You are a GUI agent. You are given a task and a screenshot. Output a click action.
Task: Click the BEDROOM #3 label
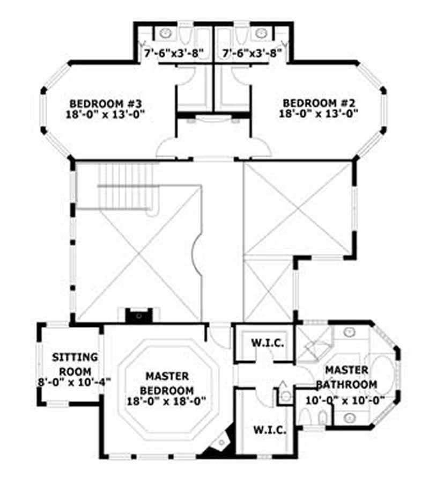pyautogui.click(x=106, y=103)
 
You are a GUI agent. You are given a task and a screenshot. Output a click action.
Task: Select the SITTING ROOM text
pyautogui.click(x=75, y=364)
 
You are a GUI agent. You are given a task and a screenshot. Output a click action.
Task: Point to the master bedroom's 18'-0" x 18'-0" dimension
pyautogui.click(x=166, y=400)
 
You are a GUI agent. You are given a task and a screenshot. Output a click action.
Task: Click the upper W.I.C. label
pyautogui.click(x=264, y=343)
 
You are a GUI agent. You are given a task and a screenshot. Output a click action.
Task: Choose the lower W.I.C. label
pyautogui.click(x=267, y=430)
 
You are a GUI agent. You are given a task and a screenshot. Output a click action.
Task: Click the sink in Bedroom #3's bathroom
pyautogui.click(x=166, y=33)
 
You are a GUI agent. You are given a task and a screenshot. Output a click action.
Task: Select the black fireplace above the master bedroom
pyautogui.click(x=139, y=315)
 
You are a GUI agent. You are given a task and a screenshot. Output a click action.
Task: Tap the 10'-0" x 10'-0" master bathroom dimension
pyautogui.click(x=345, y=400)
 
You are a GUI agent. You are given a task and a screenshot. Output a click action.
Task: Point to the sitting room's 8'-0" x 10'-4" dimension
pyautogui.click(x=75, y=382)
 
